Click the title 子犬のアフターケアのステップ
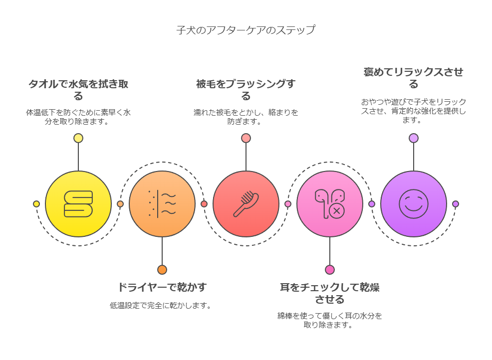246,30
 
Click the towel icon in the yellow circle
78,204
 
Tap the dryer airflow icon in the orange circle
162,204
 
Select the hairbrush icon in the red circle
246,204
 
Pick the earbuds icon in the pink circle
330,204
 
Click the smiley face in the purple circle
414,204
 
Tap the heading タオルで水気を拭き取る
78,90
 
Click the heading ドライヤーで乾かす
162,287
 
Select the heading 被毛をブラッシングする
246,90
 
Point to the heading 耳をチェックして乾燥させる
330,293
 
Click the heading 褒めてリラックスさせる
414,78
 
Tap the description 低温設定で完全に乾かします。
161,306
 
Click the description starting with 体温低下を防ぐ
78,117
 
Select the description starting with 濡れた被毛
246,117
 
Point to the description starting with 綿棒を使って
330,320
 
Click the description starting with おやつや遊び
414,111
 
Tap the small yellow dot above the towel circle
78,138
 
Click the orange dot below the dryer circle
162,270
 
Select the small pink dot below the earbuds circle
330,270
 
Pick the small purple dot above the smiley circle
414,138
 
